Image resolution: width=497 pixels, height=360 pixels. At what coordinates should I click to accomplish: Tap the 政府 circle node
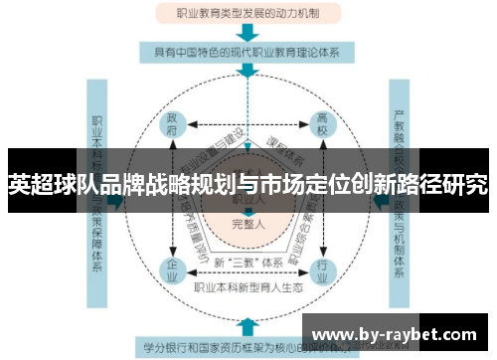click(173, 127)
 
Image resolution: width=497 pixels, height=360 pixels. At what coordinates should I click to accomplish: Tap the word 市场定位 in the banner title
click(297, 184)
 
